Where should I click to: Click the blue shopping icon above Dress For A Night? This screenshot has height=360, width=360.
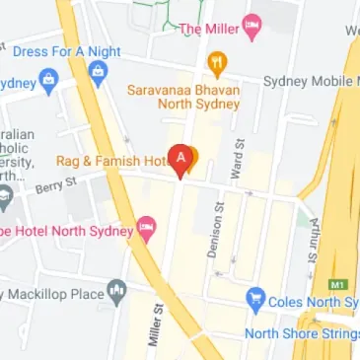pyautogui.click(x=98, y=72)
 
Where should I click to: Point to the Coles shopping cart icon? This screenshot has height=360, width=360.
pyautogui.click(x=256, y=298)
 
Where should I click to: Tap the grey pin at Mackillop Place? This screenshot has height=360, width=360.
pyautogui.click(x=117, y=291)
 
